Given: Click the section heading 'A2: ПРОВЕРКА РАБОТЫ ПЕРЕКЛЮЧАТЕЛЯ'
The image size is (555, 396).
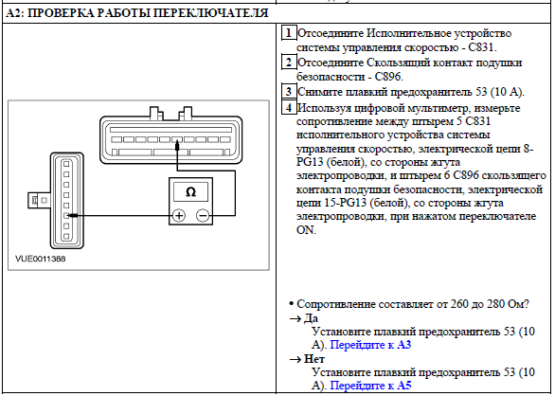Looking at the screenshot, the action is [x=137, y=13].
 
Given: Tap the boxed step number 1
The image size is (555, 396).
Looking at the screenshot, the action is [x=289, y=33].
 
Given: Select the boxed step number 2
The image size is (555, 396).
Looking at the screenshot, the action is [x=289, y=63].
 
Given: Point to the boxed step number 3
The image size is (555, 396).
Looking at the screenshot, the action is [x=289, y=91].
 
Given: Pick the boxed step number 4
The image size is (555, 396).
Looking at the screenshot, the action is [x=289, y=107].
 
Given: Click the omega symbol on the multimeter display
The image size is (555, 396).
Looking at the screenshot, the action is [x=190, y=192].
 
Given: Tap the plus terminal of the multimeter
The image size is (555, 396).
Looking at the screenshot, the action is [x=179, y=215].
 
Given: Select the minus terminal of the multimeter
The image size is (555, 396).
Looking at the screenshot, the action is [x=203, y=215].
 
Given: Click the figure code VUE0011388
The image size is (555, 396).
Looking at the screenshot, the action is [x=41, y=259].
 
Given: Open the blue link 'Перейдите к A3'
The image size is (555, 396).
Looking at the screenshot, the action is [x=370, y=345].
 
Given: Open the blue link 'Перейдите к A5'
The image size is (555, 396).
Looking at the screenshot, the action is [x=370, y=386].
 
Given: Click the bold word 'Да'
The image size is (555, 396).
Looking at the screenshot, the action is [x=311, y=318].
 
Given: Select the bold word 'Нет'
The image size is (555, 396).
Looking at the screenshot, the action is [x=313, y=359].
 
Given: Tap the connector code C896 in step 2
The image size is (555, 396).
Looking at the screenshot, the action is [x=387, y=77].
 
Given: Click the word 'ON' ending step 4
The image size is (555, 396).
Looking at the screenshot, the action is [x=305, y=230].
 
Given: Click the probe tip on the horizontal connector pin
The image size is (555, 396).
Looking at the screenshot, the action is [x=177, y=142].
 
